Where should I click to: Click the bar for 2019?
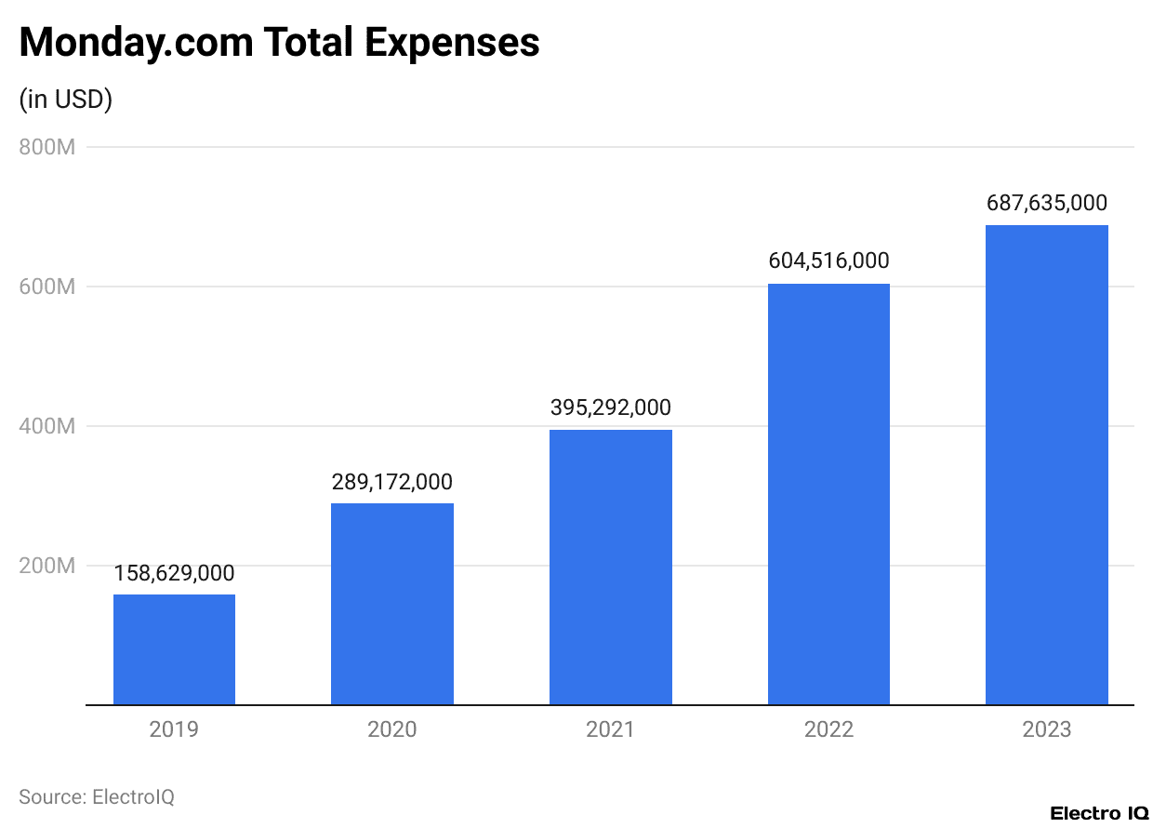click(x=174, y=649)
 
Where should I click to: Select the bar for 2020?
click(x=392, y=604)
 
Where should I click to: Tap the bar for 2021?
click(x=610, y=567)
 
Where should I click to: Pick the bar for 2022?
click(x=828, y=494)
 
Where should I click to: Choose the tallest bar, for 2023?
click(x=1046, y=464)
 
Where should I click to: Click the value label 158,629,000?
click(x=174, y=573)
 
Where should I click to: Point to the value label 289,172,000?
click(x=392, y=482)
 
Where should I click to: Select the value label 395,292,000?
click(x=610, y=408)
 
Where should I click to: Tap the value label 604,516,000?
click(x=828, y=261)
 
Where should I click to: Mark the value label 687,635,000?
click(x=1046, y=204)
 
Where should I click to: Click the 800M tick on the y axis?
click(x=46, y=147)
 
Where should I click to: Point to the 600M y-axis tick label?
click(x=46, y=287)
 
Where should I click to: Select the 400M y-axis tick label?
click(x=46, y=426)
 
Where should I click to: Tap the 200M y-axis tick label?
click(x=46, y=566)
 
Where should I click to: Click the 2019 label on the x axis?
click(x=174, y=728)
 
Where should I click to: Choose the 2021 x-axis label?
click(x=610, y=728)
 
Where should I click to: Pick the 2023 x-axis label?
click(x=1046, y=728)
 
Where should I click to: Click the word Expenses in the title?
click(x=452, y=43)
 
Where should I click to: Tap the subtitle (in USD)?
click(x=66, y=100)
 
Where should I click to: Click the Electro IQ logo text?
click(x=1099, y=813)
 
